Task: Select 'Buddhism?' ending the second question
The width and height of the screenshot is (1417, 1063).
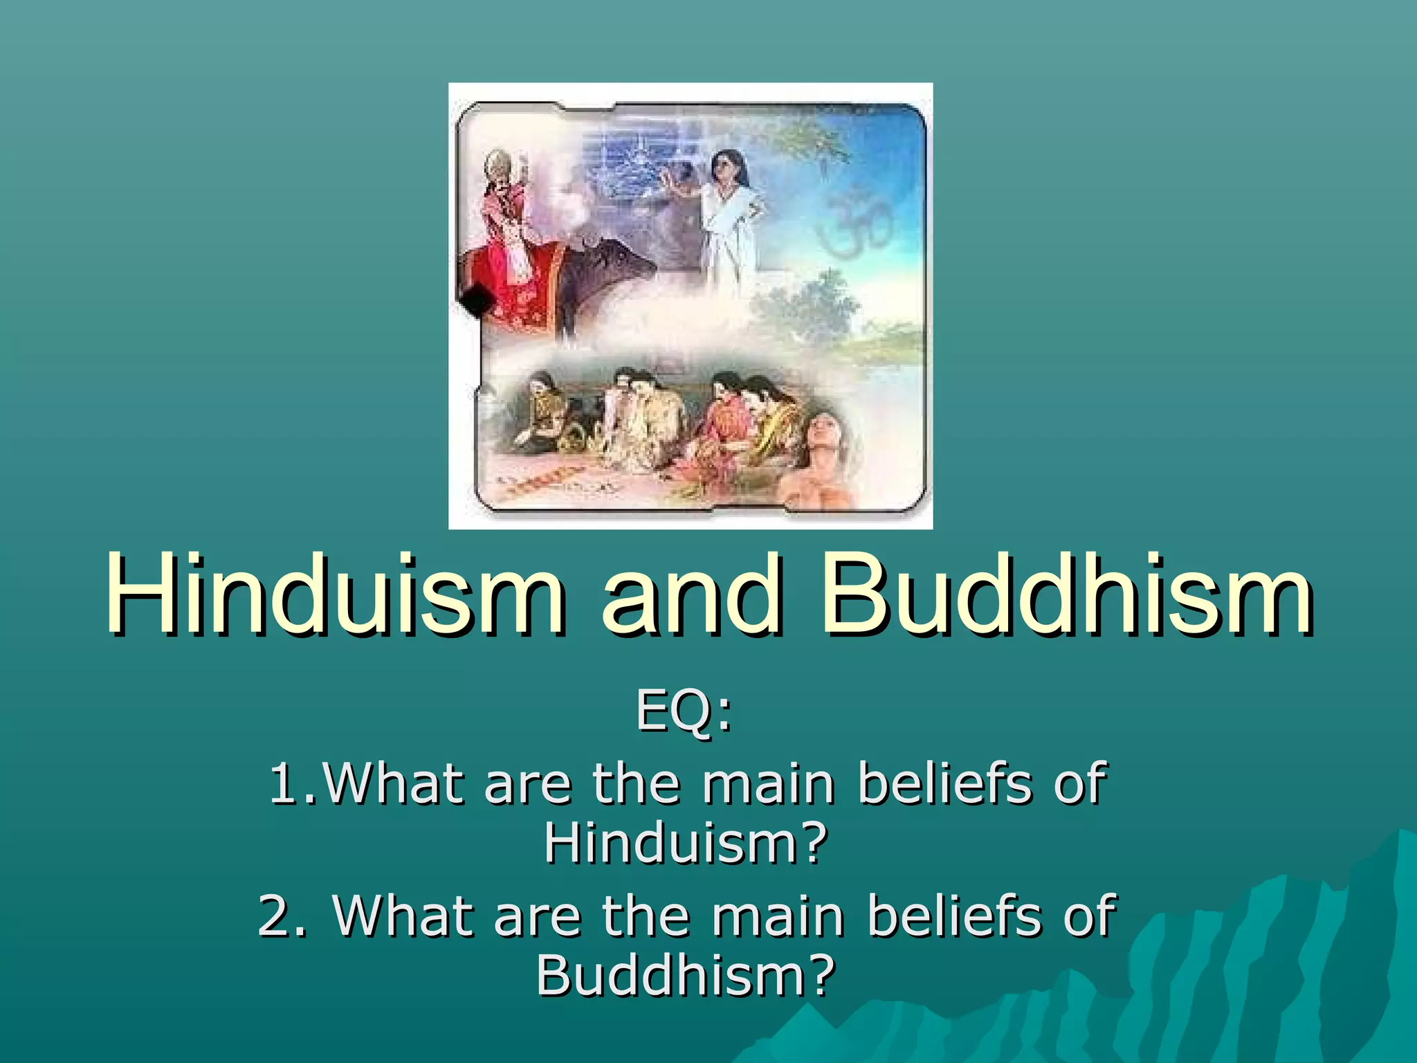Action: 685,976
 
